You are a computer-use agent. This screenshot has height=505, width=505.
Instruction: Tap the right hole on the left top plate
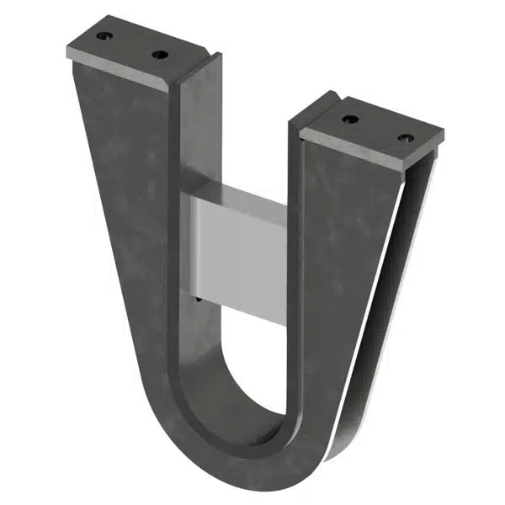(x=159, y=56)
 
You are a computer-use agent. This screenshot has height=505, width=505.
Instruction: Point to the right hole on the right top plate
(x=406, y=137)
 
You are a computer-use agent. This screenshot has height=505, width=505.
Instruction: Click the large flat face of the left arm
(x=126, y=210)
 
